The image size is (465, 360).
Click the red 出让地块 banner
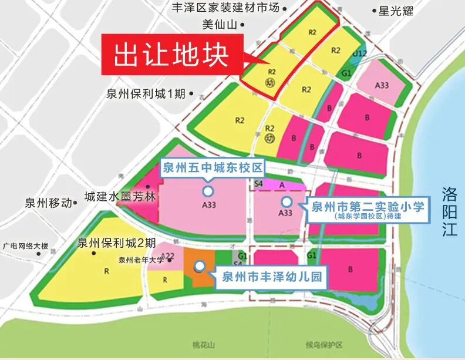pos(171,55)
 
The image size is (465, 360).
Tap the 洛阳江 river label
pos(450,211)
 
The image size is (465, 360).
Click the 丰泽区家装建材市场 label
pos(224,8)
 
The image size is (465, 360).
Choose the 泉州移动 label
pos(47,203)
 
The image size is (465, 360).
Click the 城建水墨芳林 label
pos(120,197)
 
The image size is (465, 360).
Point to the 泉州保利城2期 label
pos(115,243)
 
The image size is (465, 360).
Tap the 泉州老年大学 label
pos(141,260)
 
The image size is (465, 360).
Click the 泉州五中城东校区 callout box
pos(212,169)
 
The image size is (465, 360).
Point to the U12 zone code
pos(359,53)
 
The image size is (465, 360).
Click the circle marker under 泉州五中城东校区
pos(207,191)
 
